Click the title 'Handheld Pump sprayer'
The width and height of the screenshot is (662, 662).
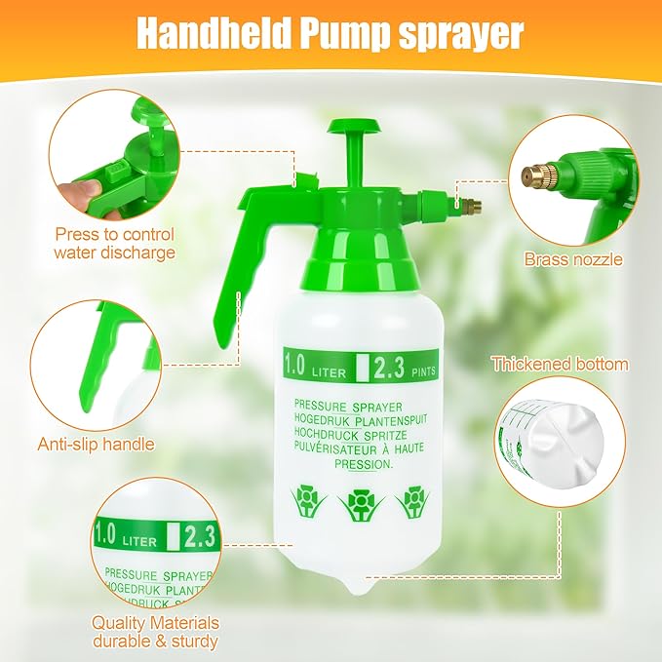[x=330, y=32]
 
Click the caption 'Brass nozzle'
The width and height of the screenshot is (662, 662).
[x=573, y=259]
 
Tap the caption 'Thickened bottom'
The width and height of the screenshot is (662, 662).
[x=560, y=365]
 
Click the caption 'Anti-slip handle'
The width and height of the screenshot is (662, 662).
[x=97, y=445]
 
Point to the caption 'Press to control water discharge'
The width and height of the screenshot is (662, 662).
[x=114, y=244]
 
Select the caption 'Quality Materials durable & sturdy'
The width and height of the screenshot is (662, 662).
[x=155, y=632]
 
